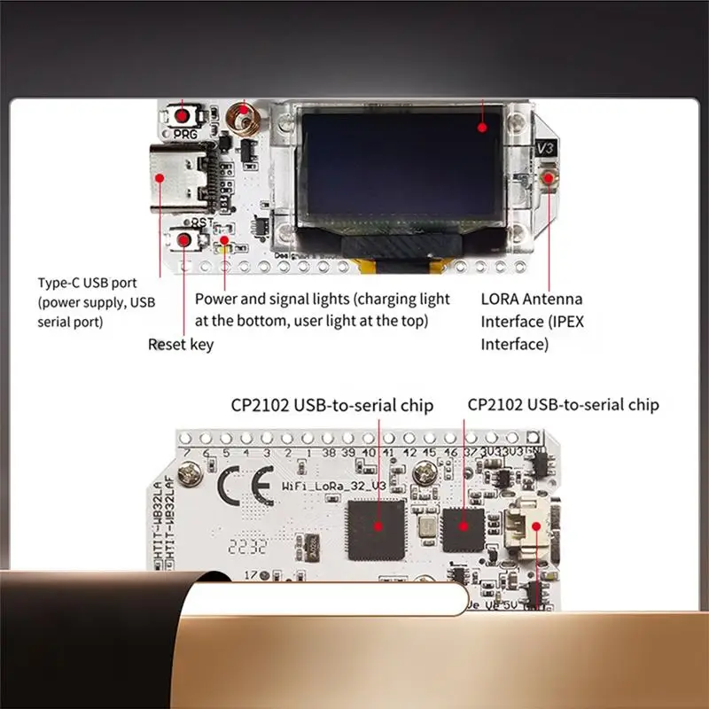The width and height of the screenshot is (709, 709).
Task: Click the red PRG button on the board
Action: coord(184,116)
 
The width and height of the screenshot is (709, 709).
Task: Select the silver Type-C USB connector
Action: coord(181,176)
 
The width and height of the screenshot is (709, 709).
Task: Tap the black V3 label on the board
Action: coord(546,149)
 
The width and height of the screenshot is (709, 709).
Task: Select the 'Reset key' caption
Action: coord(180,344)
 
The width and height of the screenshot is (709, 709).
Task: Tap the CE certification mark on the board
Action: coord(238,488)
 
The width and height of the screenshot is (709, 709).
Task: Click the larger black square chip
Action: coord(376,529)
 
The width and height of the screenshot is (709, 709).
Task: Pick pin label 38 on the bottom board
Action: coord(327,453)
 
